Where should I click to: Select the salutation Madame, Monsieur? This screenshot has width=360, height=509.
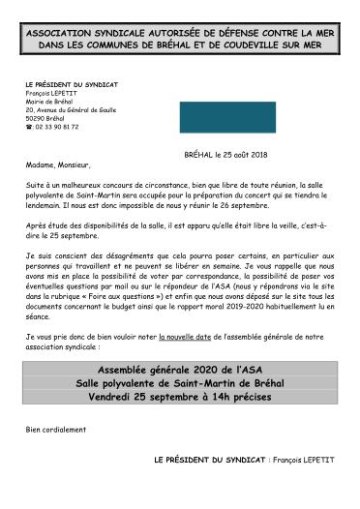(x=58, y=165)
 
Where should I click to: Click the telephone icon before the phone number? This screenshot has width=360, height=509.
(x=29, y=127)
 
